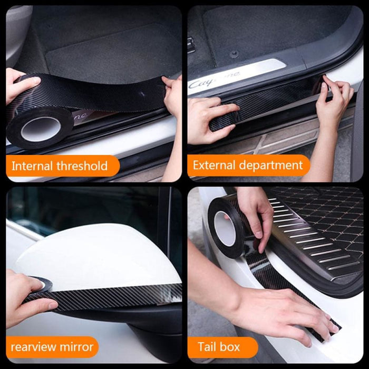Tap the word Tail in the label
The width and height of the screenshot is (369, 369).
207,347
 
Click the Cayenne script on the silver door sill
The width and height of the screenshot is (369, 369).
211,82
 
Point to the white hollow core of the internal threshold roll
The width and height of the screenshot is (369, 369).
40,128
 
